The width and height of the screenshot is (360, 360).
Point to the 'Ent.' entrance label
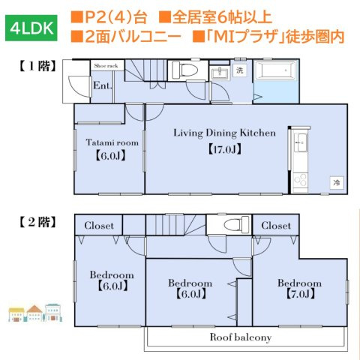102,85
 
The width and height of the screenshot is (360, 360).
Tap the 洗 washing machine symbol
240,70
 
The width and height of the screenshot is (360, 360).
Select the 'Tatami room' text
112,142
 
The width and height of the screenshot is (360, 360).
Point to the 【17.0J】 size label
223,148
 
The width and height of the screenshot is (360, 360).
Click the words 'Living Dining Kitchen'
225,133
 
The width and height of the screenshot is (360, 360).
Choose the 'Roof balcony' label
240,337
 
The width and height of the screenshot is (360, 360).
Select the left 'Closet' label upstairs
98,225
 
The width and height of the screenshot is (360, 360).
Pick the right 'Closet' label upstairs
276,225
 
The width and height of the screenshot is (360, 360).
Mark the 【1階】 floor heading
34,66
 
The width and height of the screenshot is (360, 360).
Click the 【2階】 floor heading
34,223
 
